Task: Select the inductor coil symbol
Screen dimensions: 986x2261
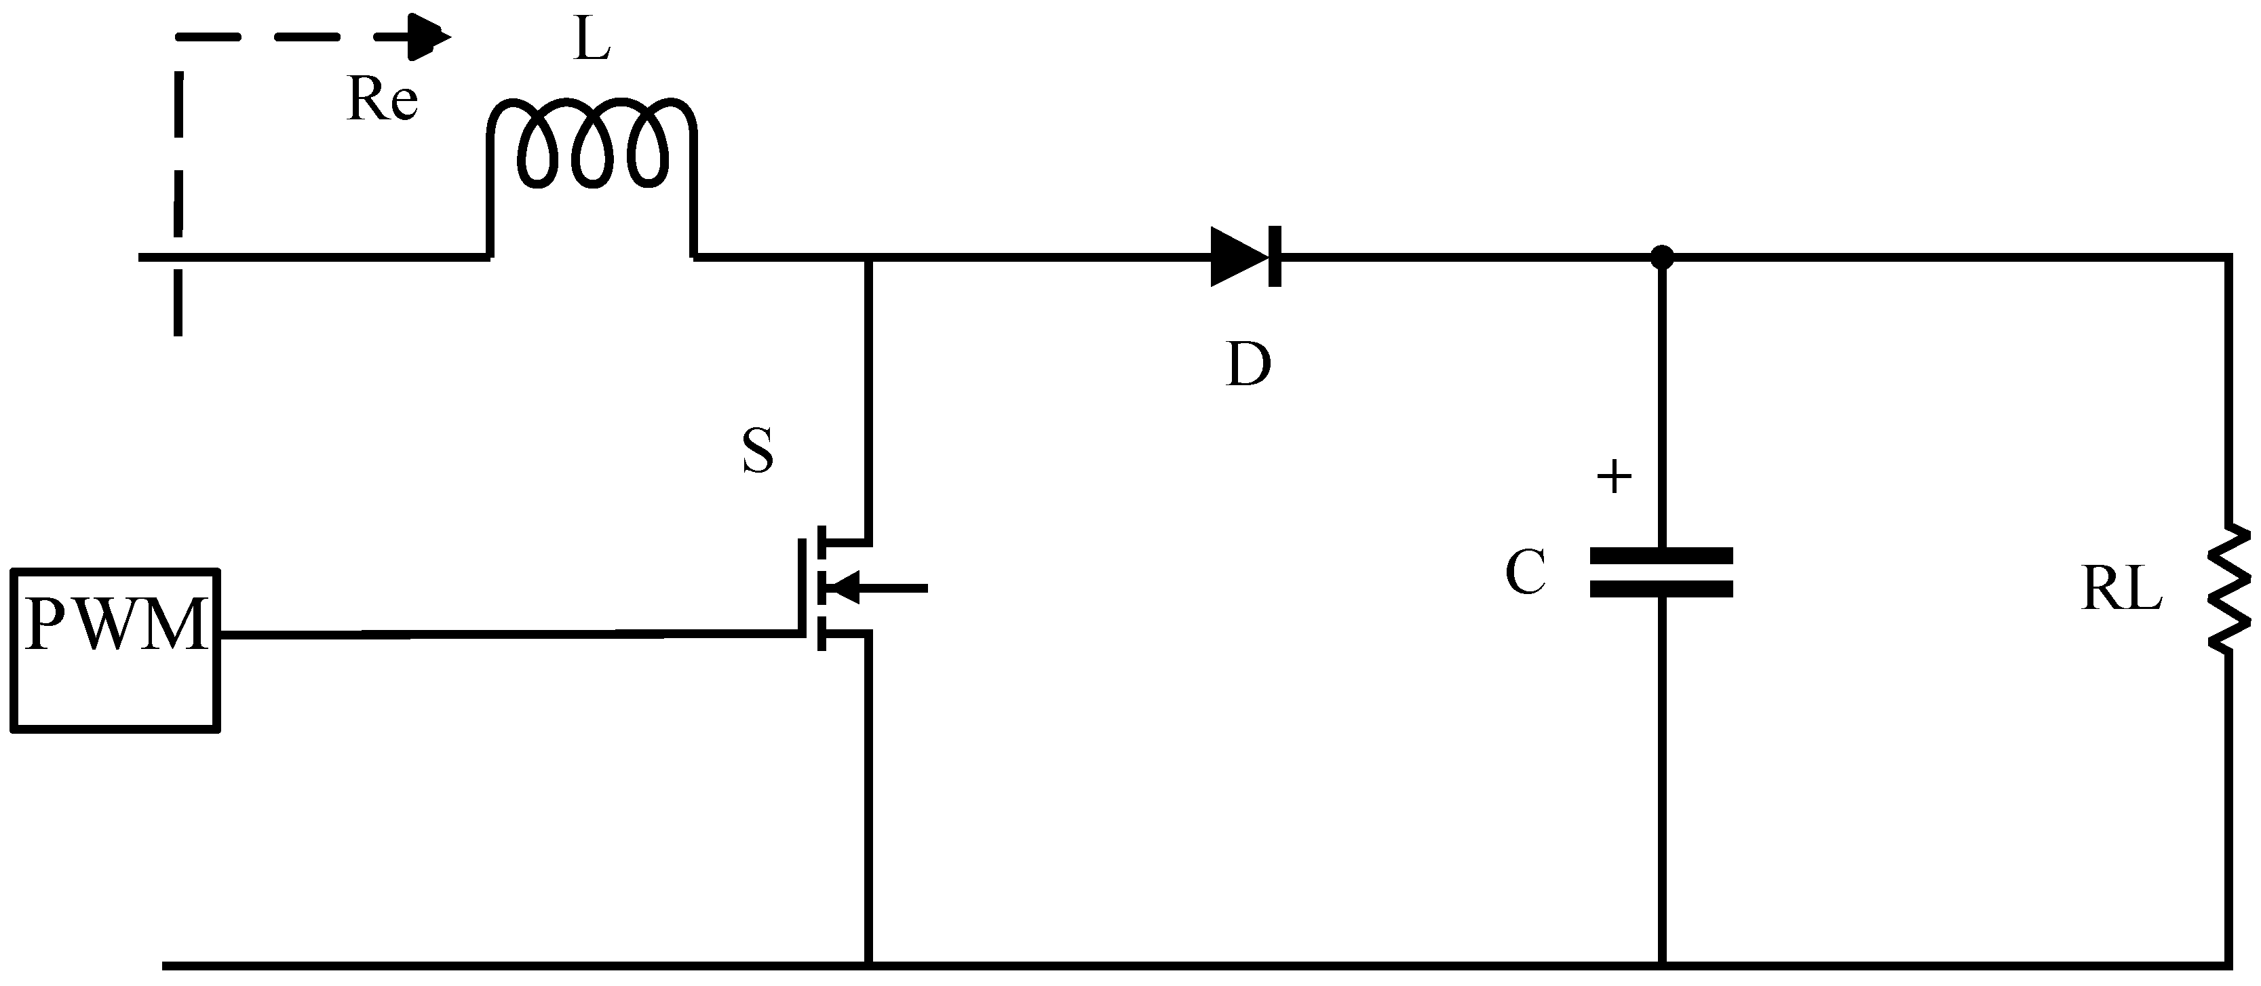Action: coord(592,144)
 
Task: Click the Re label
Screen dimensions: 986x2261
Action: coord(382,99)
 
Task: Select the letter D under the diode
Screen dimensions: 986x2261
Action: coord(1248,364)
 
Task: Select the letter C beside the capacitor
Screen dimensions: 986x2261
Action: coord(1526,573)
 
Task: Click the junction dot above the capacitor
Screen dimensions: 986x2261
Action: coord(1661,257)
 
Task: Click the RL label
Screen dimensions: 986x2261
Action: coord(2121,589)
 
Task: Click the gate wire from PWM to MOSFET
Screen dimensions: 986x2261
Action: coord(509,633)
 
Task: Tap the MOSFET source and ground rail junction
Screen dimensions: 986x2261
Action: coord(869,966)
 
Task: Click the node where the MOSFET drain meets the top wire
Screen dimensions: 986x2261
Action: coord(869,258)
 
